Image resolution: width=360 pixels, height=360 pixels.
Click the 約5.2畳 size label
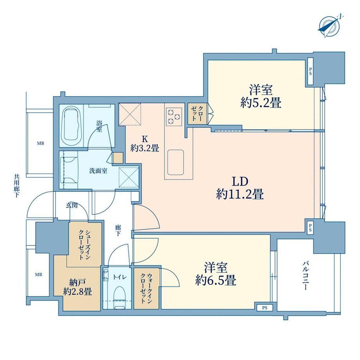pyautogui.click(x=261, y=103)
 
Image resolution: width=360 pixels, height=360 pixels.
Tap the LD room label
pyautogui.click(x=240, y=182)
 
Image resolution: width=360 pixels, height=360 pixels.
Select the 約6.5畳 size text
pyautogui.click(x=216, y=280)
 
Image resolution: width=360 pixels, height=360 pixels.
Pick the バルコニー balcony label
pyautogui.click(x=305, y=275)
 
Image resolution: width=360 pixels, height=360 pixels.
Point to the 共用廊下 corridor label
pyautogui.click(x=16, y=186)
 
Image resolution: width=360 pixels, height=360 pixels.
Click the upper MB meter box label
pyautogui.click(x=41, y=144)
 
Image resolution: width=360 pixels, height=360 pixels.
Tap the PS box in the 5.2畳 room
pyautogui.click(x=310, y=74)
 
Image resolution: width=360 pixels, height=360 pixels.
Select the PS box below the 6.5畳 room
pyautogui.click(x=265, y=308)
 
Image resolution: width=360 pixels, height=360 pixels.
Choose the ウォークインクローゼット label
pyautogui.click(x=146, y=288)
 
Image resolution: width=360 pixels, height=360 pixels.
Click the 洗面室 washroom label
pyautogui.click(x=98, y=171)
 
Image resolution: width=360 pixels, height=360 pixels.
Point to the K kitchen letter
pyautogui.click(x=145, y=139)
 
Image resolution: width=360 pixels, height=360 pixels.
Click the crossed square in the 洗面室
pyautogui.click(x=129, y=178)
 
